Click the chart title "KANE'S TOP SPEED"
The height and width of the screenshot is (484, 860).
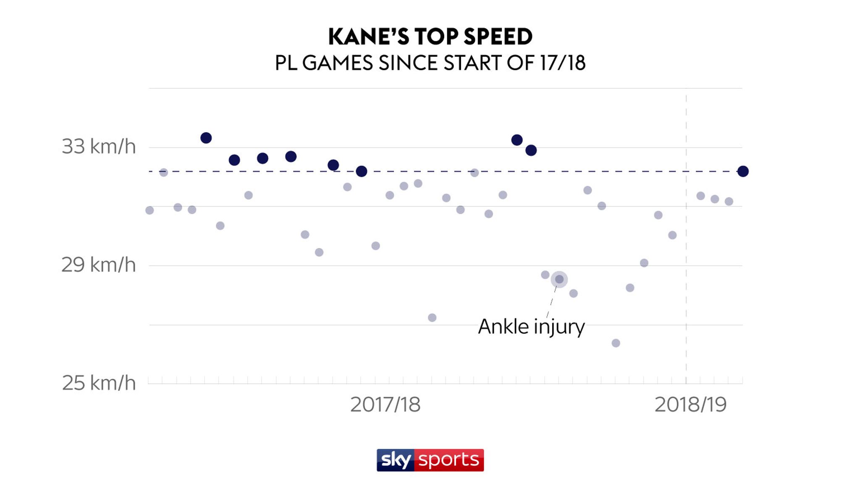(430, 37)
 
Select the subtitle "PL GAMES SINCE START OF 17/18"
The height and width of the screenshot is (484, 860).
(430, 63)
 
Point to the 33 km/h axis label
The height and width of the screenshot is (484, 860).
(99, 147)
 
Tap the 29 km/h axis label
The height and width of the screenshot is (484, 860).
(99, 265)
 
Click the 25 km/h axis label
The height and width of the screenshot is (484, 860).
(99, 383)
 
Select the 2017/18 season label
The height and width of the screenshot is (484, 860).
(385, 405)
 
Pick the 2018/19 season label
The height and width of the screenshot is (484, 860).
(690, 405)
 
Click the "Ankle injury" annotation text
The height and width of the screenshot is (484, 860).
(531, 327)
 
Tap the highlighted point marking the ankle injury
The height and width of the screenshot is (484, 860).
(559, 279)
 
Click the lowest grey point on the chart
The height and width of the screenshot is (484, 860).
(616, 343)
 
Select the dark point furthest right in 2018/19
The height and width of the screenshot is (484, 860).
(743, 171)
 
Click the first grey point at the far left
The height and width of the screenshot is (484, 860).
(149, 210)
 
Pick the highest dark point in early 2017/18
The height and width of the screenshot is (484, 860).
(206, 138)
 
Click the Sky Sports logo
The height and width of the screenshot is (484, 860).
(430, 460)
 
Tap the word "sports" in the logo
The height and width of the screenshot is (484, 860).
(448, 460)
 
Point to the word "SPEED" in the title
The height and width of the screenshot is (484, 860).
(498, 37)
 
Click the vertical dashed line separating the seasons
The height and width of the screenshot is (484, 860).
(686, 252)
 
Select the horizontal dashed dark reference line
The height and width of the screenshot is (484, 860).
(420, 171)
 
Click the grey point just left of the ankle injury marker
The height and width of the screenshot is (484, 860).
(545, 275)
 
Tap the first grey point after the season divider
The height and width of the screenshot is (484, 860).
(700, 196)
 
